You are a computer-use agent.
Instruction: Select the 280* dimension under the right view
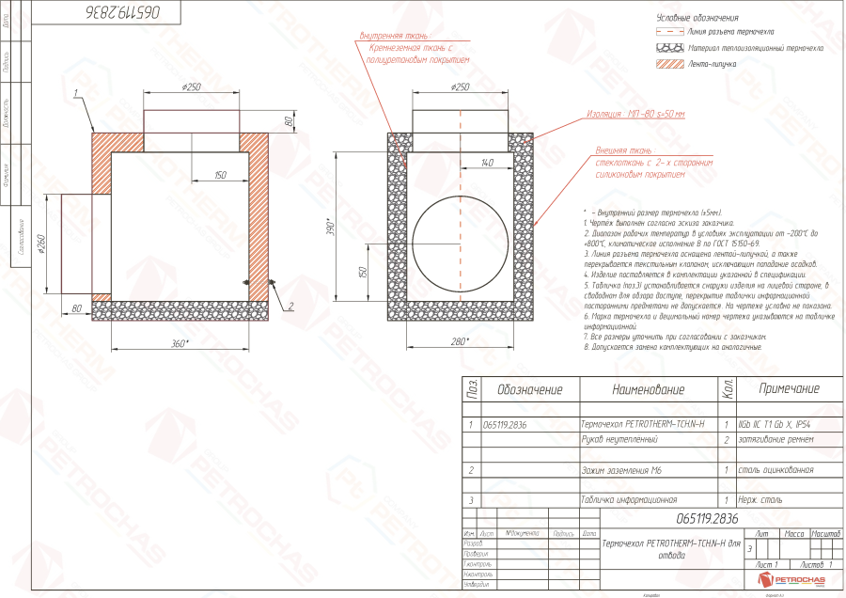(x=461, y=341)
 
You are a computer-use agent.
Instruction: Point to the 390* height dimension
(x=331, y=227)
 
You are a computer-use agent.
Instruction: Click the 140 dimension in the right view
(x=486, y=164)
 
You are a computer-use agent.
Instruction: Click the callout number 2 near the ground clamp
(x=290, y=306)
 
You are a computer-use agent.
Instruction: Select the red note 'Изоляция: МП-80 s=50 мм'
(x=636, y=114)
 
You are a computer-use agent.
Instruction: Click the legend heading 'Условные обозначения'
(x=697, y=18)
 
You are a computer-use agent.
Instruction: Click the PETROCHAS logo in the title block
(x=791, y=581)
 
